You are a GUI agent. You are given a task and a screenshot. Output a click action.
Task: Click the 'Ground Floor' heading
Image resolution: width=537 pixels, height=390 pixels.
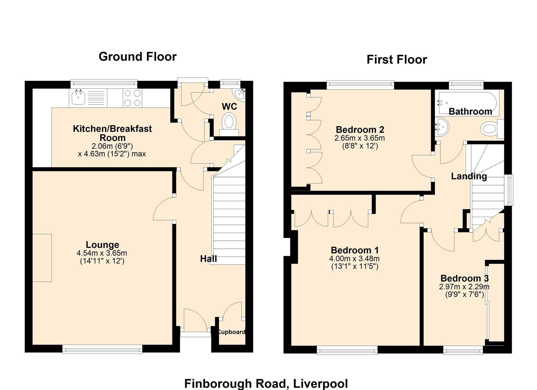137,57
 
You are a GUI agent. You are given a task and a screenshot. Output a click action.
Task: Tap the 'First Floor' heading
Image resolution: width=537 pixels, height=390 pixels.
397,60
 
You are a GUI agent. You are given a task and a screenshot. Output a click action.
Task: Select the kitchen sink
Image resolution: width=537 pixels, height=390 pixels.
78,98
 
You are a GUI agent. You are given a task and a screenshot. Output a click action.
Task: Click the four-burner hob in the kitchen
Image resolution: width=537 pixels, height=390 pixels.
133,98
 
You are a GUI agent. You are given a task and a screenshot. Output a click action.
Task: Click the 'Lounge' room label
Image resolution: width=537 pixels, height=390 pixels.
102,244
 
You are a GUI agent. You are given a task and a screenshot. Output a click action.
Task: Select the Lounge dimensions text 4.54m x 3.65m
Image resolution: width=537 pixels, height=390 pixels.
102,253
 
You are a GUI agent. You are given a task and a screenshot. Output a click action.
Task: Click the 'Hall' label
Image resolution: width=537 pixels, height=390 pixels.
209,259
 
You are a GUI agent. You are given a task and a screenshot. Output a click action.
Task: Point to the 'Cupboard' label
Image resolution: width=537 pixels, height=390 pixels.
231,332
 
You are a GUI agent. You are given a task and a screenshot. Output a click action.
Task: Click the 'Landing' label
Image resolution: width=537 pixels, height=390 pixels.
469,176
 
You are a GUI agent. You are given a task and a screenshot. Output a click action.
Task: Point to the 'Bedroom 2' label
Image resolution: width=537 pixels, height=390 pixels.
360,129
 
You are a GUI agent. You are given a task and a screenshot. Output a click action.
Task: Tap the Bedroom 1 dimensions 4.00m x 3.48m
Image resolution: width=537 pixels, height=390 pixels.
354,259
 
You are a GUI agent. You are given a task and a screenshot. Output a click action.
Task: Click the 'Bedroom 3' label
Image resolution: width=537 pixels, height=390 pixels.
465,278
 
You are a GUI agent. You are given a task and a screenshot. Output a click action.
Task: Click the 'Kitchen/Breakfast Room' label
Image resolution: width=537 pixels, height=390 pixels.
113,133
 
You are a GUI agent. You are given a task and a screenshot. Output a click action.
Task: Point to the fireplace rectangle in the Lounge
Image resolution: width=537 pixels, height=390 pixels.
42,258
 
